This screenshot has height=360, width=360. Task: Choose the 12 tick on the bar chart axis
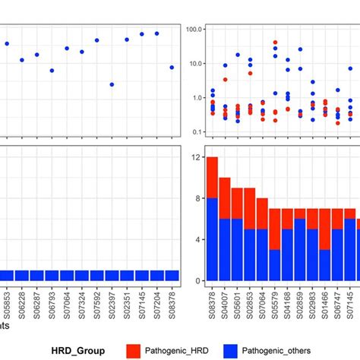[195, 157]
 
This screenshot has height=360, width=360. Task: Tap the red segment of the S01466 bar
[324, 229]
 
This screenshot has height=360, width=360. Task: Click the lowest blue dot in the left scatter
[112, 84]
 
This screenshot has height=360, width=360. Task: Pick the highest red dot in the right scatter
[275, 43]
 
